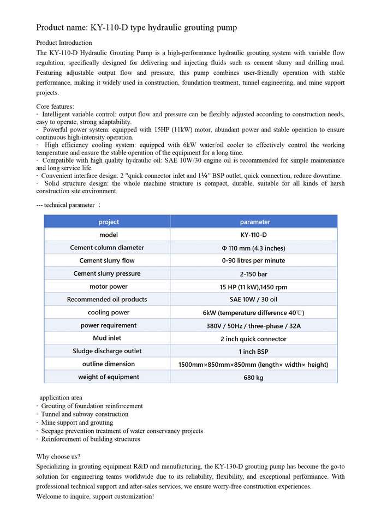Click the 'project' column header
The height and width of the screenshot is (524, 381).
(108, 222)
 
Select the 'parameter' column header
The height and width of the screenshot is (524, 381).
(254, 222)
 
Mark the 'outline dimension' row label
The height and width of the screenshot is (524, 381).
(108, 364)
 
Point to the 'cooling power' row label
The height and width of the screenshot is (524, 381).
(108, 313)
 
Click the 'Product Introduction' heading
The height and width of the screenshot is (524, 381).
(64, 43)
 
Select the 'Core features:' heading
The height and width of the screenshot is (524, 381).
(55, 106)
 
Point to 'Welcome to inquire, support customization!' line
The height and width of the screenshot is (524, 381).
(95, 497)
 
